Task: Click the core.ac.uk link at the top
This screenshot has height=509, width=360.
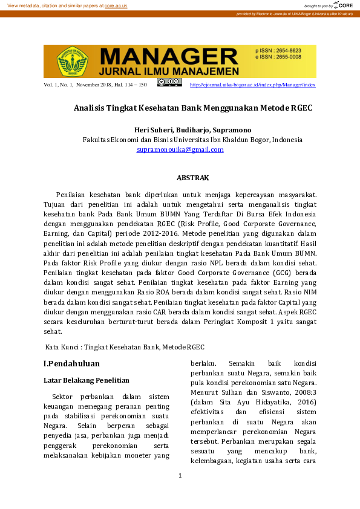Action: (116, 5)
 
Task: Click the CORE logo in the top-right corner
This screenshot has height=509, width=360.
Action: (343, 5)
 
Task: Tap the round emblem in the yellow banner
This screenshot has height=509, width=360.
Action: (73, 61)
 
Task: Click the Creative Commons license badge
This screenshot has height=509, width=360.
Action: (169, 82)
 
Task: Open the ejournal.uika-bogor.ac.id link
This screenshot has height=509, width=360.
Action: (252, 85)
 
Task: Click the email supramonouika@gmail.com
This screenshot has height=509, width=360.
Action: (180, 149)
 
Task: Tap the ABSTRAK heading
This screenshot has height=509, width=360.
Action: (192, 178)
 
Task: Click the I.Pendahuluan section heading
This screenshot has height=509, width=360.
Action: (71, 364)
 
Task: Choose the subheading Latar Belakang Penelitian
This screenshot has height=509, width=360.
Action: (87, 381)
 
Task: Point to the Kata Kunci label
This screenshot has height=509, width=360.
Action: (64, 347)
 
